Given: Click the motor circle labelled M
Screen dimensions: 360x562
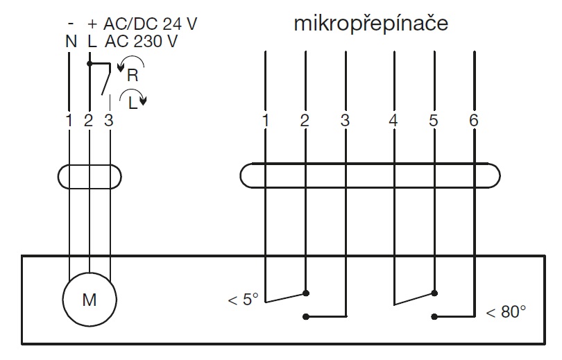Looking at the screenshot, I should click(89, 300).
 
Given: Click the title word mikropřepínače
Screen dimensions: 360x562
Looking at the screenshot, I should click(371, 24).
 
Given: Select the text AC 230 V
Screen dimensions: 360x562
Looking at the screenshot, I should click(142, 41).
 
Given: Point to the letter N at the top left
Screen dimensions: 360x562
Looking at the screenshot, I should click(71, 41).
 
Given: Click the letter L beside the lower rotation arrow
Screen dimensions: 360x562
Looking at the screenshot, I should click(132, 101).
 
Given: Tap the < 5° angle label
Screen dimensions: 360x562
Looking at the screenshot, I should click(243, 300).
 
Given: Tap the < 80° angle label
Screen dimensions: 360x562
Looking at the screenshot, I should click(506, 312).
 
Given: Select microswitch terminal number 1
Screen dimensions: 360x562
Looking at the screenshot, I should click(265, 120).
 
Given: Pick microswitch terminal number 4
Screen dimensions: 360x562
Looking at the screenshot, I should click(393, 120).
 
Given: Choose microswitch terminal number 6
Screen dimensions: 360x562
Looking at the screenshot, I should click(474, 120).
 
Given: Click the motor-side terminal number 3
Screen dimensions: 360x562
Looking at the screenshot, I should click(108, 120).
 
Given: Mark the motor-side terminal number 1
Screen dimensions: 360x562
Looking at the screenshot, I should click(69, 120).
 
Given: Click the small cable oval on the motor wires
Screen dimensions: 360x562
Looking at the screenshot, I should click(89, 176).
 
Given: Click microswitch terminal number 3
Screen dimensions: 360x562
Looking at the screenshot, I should click(345, 120).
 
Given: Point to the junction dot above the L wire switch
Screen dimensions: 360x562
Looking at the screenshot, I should click(90, 63).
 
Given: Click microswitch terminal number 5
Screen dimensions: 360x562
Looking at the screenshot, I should click(434, 120).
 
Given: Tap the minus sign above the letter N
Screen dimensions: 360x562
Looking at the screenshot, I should click(71, 24).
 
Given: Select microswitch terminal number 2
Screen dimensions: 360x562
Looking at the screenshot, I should click(304, 120).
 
